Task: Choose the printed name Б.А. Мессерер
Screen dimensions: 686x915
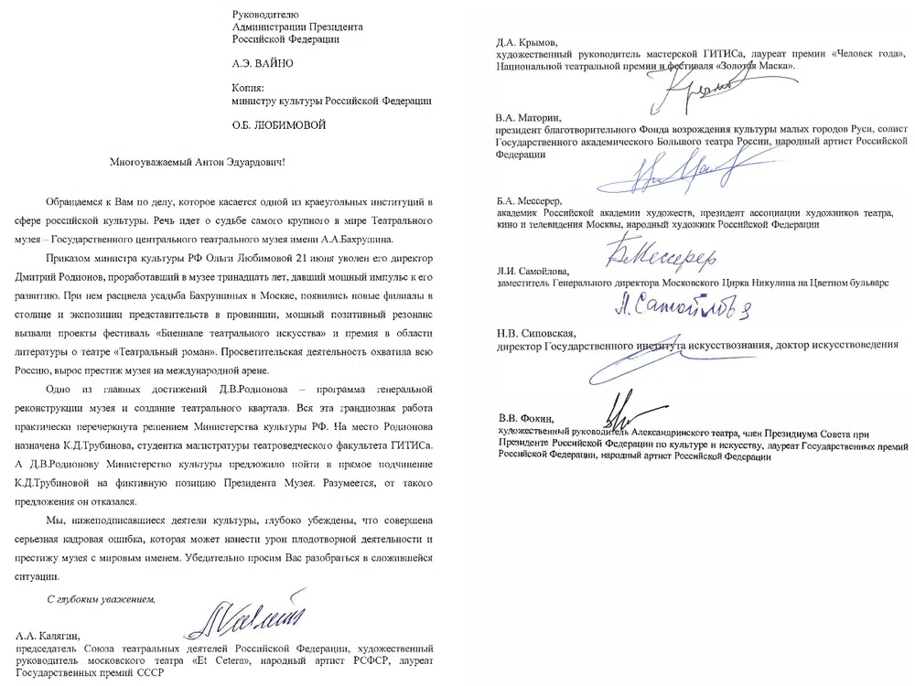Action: pos(531,199)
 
